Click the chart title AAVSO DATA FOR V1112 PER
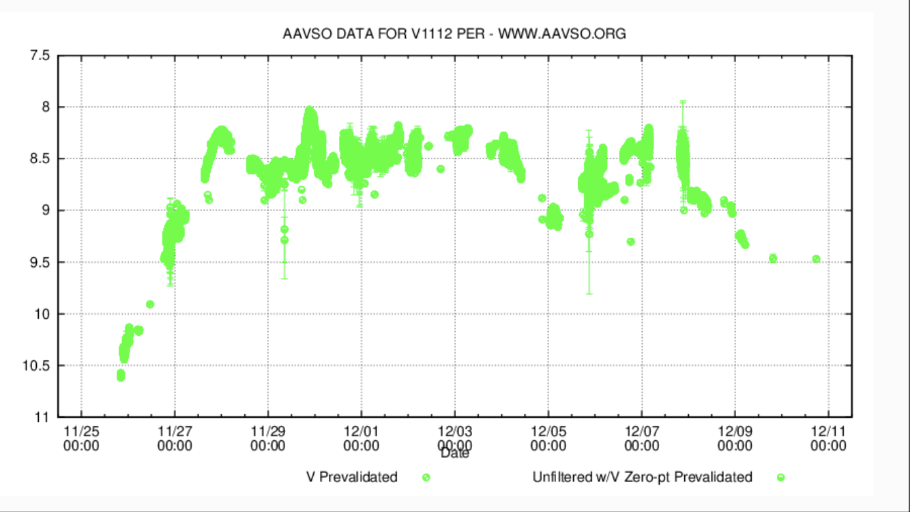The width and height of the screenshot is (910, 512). (x=454, y=33)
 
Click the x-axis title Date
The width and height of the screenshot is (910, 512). (x=454, y=453)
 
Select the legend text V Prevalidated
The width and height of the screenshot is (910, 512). (x=351, y=477)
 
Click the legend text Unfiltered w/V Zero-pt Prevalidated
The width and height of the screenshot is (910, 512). (x=642, y=477)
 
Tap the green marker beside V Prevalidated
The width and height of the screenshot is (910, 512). (x=426, y=477)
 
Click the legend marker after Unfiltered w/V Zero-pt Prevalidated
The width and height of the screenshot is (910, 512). (x=781, y=477)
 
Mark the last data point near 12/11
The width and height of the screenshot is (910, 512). (x=816, y=259)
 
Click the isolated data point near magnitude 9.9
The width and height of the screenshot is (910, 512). (x=150, y=304)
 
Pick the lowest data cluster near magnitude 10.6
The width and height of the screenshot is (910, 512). (x=121, y=375)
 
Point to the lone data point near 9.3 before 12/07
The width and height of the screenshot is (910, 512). (x=631, y=242)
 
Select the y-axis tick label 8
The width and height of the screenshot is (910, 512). (x=46, y=107)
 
